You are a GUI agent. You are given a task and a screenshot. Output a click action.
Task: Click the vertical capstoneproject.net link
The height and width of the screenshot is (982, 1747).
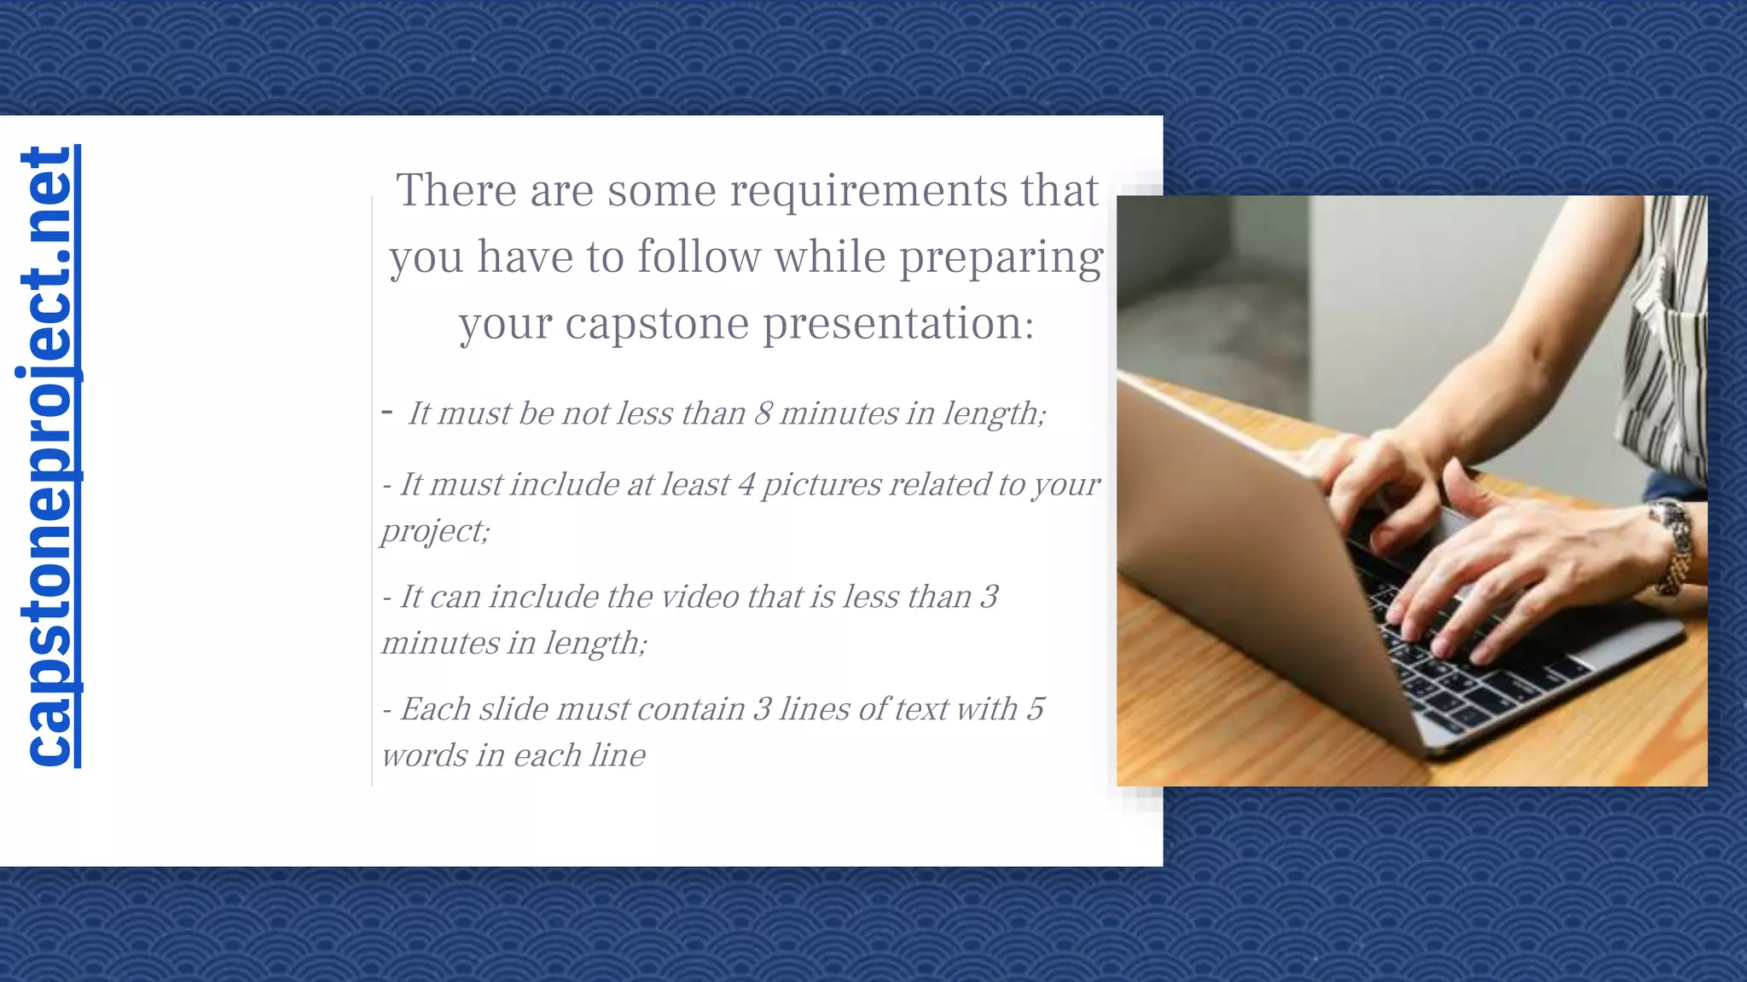pyautogui.click(x=48, y=456)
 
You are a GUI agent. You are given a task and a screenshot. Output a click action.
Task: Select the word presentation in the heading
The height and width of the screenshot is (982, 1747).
pyautogui.click(x=897, y=324)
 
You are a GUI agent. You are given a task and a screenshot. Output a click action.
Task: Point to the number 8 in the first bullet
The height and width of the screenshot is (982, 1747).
pyautogui.click(x=763, y=413)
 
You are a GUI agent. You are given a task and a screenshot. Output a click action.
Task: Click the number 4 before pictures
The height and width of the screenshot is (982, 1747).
pyautogui.click(x=746, y=484)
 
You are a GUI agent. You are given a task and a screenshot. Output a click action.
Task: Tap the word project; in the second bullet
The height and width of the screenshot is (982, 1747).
pyautogui.click(x=435, y=531)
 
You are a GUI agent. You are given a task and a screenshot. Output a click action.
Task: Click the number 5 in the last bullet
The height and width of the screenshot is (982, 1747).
pyautogui.click(x=1035, y=709)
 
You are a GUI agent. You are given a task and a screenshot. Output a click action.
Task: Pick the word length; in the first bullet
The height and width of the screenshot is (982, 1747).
pyautogui.click(x=994, y=413)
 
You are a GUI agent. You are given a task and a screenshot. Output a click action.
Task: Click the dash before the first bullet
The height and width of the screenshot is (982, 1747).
pyautogui.click(x=387, y=413)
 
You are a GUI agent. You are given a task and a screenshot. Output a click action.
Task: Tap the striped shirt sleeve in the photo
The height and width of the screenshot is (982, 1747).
pyautogui.click(x=1663, y=341)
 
